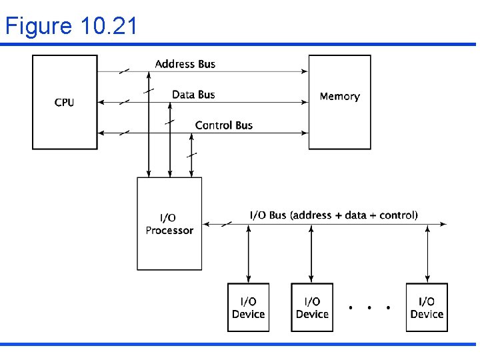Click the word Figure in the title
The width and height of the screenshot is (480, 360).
(39, 26)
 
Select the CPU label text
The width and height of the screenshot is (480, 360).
(65, 103)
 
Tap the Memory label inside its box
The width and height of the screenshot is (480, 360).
(339, 97)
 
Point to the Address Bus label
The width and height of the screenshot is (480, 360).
(185, 64)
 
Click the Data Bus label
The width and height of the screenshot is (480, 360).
(193, 95)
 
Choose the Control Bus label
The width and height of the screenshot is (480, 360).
(223, 125)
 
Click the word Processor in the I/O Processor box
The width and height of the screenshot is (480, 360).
(169, 231)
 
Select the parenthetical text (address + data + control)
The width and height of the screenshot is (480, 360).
(354, 215)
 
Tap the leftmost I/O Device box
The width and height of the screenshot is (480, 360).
(248, 307)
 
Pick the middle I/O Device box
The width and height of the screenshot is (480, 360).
(312, 307)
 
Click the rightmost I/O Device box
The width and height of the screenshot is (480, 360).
(427, 307)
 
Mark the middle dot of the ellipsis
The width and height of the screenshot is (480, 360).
(369, 308)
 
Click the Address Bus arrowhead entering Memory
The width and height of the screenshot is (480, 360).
(305, 71)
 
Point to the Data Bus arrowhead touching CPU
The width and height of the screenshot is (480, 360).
(101, 102)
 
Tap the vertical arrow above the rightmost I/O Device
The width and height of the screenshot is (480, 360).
(427, 253)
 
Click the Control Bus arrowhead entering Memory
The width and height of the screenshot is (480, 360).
(305, 133)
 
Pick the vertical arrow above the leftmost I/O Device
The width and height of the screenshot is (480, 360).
(248, 253)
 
